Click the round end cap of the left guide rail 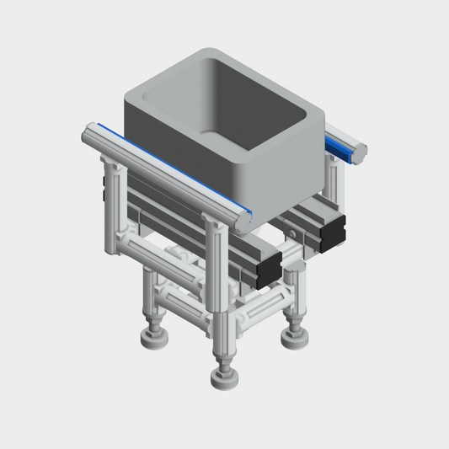click(x=244, y=217)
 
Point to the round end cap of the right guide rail click(x=360, y=152)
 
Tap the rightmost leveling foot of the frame click(x=295, y=336)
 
